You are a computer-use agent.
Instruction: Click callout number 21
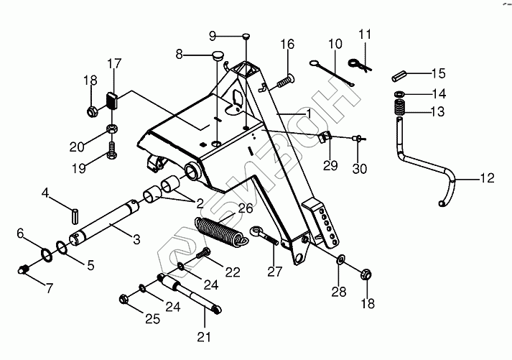(204, 336)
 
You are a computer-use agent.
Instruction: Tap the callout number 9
(213, 36)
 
